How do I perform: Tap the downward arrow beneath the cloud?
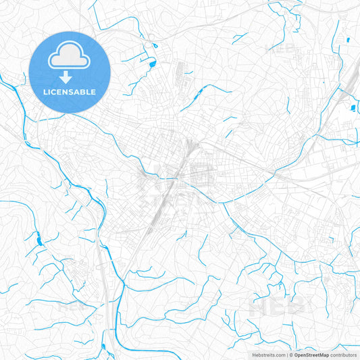tap(70, 76)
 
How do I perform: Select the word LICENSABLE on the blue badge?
tap(70, 92)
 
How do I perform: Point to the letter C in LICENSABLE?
tap(55, 92)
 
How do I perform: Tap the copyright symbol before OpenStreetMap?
tap(290, 354)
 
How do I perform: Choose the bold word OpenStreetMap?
tap(311, 354)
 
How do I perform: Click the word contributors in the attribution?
tap(343, 354)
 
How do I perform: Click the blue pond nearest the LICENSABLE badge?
tap(153, 64)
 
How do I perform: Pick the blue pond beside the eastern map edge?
tap(352, 106)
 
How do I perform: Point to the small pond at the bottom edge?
tap(104, 348)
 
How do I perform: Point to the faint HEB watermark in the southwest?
tap(71, 304)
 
